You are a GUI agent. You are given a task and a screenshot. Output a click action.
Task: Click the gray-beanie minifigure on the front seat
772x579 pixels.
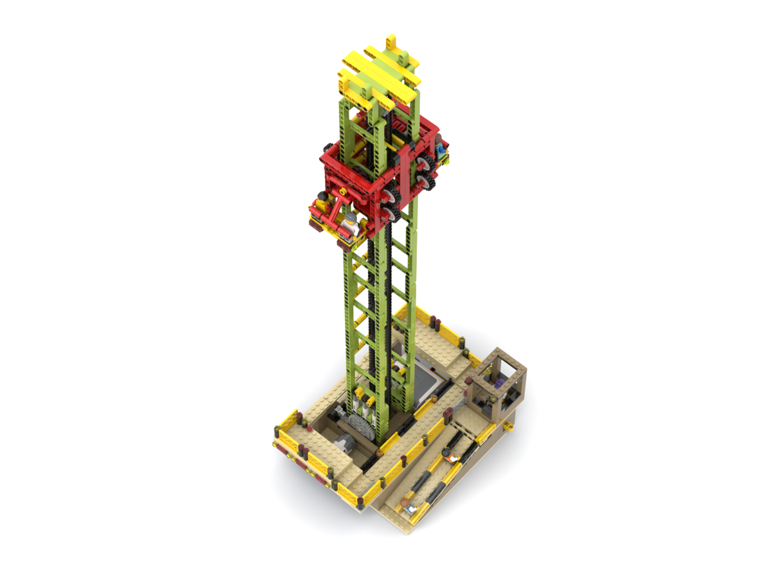(x=349, y=223)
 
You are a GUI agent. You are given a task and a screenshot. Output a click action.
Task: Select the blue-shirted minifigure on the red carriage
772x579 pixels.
(x=441, y=151)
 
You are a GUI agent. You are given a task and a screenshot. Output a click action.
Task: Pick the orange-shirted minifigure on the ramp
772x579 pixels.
(x=452, y=458)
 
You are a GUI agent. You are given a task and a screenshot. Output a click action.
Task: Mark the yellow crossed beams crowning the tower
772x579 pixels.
(x=380, y=74)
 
